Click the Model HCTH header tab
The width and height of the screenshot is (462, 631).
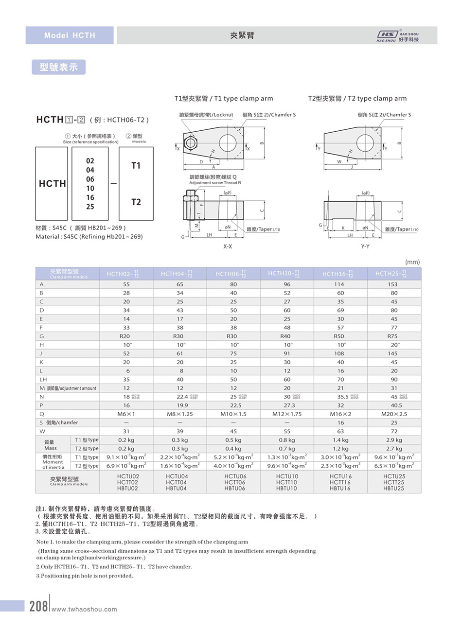(x=70, y=35)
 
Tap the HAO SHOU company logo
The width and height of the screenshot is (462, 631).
(x=397, y=36)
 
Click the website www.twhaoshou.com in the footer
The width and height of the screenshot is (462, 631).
(x=84, y=609)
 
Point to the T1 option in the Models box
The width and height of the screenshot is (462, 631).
(x=136, y=166)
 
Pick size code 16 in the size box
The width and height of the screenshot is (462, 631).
(x=90, y=197)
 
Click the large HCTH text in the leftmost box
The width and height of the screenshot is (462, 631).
(x=52, y=184)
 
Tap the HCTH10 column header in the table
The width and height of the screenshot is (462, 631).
(x=287, y=274)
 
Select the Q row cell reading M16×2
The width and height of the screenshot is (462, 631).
(x=340, y=414)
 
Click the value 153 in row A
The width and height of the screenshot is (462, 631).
(x=392, y=284)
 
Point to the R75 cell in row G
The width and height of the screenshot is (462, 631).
(x=392, y=336)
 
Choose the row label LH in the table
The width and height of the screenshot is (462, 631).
(x=43, y=379)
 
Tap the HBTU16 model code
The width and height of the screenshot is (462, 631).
(x=340, y=488)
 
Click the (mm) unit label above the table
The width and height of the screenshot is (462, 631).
(x=412, y=262)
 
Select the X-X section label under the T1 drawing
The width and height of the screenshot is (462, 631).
(x=228, y=246)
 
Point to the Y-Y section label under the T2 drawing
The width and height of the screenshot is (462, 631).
(x=365, y=246)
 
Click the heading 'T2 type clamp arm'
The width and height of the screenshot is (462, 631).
(x=357, y=98)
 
